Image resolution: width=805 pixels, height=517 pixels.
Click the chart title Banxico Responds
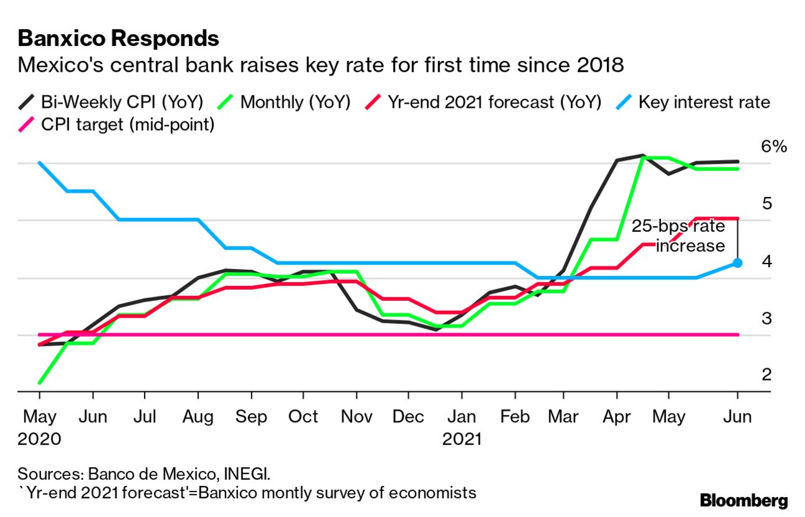point(118,39)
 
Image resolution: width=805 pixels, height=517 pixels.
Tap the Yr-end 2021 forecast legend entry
point(485,102)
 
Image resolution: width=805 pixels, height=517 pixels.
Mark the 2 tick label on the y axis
point(766,374)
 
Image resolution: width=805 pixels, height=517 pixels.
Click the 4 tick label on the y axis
point(766,261)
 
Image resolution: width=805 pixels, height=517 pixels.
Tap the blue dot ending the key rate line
point(737,263)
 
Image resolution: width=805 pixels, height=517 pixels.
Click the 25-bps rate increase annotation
point(679,235)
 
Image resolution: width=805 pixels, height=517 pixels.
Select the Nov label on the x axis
point(356,416)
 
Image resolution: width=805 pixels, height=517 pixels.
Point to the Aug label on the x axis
point(198,416)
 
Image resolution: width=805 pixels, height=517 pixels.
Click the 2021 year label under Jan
point(462,439)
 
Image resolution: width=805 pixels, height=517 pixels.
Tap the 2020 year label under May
point(39,439)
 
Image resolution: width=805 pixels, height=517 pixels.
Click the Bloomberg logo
point(743,500)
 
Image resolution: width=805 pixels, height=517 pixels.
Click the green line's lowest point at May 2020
point(40,382)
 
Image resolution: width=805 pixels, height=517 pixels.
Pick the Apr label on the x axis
point(616,416)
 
